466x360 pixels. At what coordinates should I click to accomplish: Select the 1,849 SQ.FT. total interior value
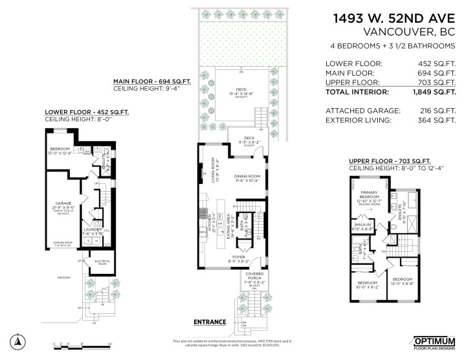tap(437, 93)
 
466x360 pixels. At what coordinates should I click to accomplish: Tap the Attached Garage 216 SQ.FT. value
tap(437, 111)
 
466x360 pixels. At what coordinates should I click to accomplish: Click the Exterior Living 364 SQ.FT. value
tap(437, 120)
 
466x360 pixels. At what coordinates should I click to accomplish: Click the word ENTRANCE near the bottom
tap(210, 321)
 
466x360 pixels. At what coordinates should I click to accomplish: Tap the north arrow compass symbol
tap(19, 341)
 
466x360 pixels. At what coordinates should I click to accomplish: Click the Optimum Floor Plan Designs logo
tap(435, 343)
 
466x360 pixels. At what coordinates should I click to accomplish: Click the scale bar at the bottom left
tap(82, 345)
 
